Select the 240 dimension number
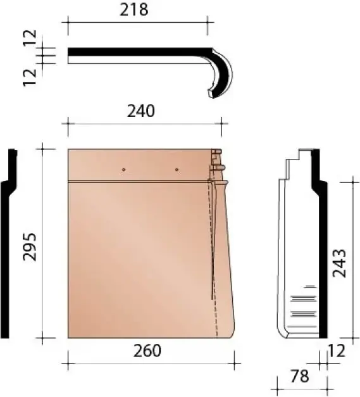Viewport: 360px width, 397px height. (x=140, y=111)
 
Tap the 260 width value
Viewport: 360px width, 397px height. (x=147, y=351)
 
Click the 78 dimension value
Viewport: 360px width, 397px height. (x=300, y=377)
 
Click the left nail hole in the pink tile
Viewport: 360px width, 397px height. (x=123, y=170)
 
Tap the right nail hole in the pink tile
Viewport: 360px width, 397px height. (x=177, y=170)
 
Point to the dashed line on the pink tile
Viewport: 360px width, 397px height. (x=214, y=266)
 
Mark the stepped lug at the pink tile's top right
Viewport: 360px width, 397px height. (x=216, y=162)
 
